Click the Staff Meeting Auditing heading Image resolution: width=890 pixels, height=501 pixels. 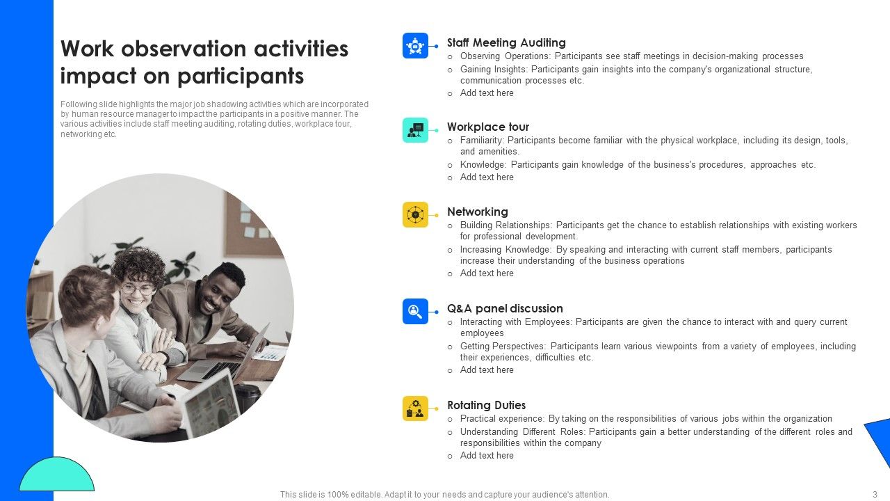pos(505,43)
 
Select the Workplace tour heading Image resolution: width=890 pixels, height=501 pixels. pos(487,127)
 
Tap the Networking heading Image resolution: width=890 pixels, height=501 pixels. pos(477,212)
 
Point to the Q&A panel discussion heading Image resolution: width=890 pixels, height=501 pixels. pos(505,309)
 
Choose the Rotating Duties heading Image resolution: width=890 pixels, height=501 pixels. pos(486,406)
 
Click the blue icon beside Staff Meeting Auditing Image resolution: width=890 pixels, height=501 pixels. pos(415,46)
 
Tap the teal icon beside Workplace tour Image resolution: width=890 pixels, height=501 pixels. pos(415,130)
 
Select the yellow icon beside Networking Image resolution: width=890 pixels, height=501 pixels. pos(415,215)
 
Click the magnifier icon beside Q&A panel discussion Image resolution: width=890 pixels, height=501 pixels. pos(415,312)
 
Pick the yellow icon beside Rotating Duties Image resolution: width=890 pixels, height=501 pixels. pos(415,408)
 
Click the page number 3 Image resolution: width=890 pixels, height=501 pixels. pos(875,495)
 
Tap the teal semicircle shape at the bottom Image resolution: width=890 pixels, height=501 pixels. pos(56,477)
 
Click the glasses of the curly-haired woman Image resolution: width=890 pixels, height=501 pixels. pos(138,289)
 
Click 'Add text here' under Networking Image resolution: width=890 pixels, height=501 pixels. pos(487,273)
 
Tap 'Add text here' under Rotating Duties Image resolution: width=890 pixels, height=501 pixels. pos(487,456)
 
